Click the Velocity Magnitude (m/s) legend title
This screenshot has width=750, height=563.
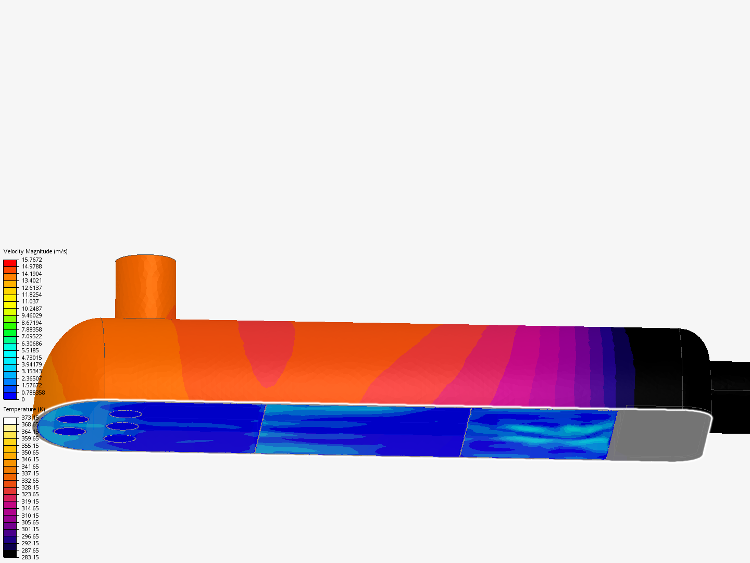coord(35,251)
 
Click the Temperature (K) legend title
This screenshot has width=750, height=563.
coord(24,409)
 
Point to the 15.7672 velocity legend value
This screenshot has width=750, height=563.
coord(32,260)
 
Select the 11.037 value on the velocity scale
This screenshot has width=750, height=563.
coord(30,301)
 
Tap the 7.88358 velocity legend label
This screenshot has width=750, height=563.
coord(32,329)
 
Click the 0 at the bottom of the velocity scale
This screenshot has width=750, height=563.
coord(23,399)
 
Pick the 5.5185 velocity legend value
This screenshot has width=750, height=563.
coord(30,350)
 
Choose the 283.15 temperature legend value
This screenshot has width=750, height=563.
coord(30,557)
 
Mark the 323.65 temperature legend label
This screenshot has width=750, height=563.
coord(30,494)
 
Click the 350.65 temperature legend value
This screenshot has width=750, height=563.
coord(30,452)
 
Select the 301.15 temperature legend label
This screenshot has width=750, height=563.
coord(30,529)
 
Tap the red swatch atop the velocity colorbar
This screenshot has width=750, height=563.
coord(10,263)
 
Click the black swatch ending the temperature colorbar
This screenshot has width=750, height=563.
coord(10,554)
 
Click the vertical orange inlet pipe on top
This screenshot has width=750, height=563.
coord(145,287)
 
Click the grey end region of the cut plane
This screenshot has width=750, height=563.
coord(659,435)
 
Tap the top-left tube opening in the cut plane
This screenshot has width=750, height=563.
coord(72,419)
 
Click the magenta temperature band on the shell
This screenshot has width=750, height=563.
coord(526,365)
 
